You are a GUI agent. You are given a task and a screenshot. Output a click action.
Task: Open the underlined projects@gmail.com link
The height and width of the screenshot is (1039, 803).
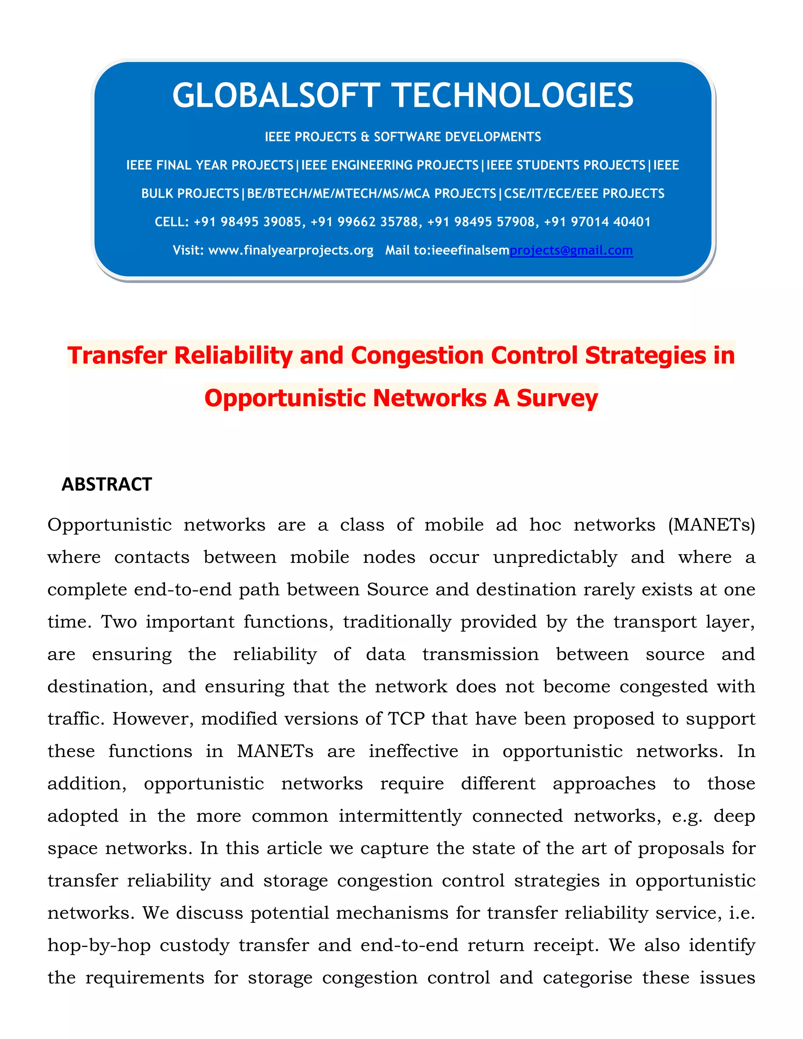(571, 250)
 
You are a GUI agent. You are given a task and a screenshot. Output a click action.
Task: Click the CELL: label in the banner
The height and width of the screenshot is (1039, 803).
(172, 222)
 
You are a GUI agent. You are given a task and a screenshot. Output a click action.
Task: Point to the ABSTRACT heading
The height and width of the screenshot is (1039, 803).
(107, 484)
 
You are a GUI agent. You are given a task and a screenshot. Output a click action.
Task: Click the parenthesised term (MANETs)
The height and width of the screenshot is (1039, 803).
(711, 525)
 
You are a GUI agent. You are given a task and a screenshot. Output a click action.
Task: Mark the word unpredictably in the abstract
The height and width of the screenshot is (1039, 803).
(555, 557)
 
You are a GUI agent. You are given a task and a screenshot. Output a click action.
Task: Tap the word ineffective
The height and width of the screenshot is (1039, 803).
(413, 751)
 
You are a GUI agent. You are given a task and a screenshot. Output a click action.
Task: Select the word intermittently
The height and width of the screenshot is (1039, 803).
(400, 816)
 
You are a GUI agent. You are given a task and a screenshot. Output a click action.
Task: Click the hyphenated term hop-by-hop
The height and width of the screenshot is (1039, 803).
(99, 945)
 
